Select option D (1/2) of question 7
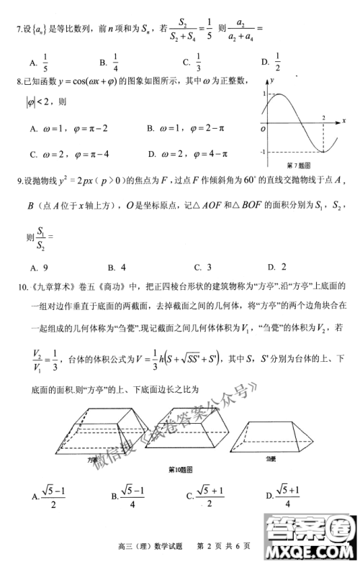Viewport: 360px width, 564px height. (x=275, y=64)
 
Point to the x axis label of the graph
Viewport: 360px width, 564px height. (x=344, y=120)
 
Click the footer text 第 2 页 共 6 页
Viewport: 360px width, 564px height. (x=220, y=548)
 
